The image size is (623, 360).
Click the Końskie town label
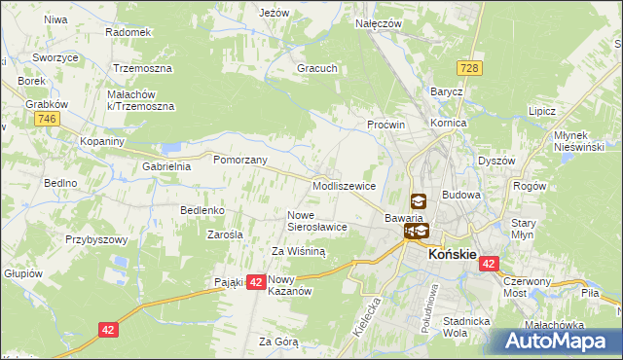click(x=453, y=254)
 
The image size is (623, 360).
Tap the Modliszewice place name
click(x=344, y=186)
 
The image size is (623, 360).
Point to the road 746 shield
click(x=45, y=119)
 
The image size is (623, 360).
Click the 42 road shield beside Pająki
click(x=256, y=281)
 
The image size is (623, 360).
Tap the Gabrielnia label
click(x=166, y=166)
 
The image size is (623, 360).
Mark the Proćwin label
click(x=385, y=126)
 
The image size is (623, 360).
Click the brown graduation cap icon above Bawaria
click(x=418, y=201)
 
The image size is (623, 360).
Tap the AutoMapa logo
click(x=552, y=341)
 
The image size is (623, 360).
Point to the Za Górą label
click(x=278, y=342)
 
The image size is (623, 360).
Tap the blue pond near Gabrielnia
click(x=173, y=148)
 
